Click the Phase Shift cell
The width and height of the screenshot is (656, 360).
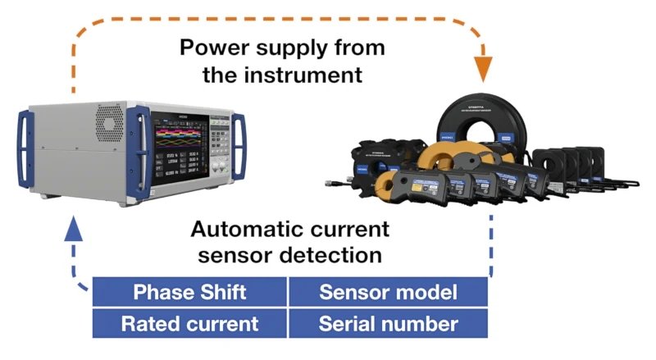189,292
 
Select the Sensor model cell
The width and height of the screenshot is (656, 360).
388,292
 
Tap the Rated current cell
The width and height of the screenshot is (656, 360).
189,323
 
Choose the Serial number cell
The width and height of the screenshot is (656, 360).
388,323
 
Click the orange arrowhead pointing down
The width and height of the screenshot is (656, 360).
484,69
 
